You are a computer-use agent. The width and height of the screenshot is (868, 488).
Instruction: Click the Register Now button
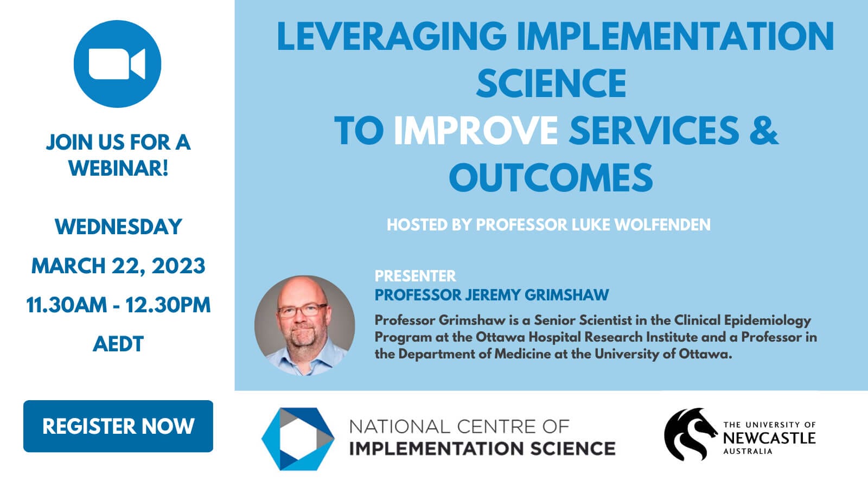click(x=118, y=426)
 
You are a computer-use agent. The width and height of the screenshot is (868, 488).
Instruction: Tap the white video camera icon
click(x=117, y=64)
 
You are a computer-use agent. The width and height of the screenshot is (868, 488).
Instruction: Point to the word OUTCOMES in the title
click(x=551, y=178)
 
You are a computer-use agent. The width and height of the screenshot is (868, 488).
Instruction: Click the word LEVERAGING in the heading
click(x=392, y=36)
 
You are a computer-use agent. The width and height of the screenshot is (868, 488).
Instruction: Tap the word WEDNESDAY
click(x=118, y=227)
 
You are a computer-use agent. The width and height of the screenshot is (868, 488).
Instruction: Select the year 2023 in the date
click(x=178, y=266)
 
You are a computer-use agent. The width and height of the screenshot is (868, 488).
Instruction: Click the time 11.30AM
click(x=66, y=305)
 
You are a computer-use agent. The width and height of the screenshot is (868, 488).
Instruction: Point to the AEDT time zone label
click(x=118, y=344)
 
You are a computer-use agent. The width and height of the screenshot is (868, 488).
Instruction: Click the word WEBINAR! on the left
click(x=118, y=168)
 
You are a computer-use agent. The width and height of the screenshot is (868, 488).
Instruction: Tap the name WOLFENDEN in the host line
click(x=662, y=224)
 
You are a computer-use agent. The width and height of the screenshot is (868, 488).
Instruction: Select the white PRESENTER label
click(x=415, y=276)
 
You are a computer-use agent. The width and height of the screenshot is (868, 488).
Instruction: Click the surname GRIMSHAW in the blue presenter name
click(x=567, y=295)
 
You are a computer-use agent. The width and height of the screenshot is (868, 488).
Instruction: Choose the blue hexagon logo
click(x=298, y=439)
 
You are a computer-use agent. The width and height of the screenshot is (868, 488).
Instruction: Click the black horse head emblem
click(x=690, y=434)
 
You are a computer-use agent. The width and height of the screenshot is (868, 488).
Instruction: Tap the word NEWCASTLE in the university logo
click(x=769, y=438)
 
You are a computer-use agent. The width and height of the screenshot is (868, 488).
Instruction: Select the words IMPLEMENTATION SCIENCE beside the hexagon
click(x=482, y=448)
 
